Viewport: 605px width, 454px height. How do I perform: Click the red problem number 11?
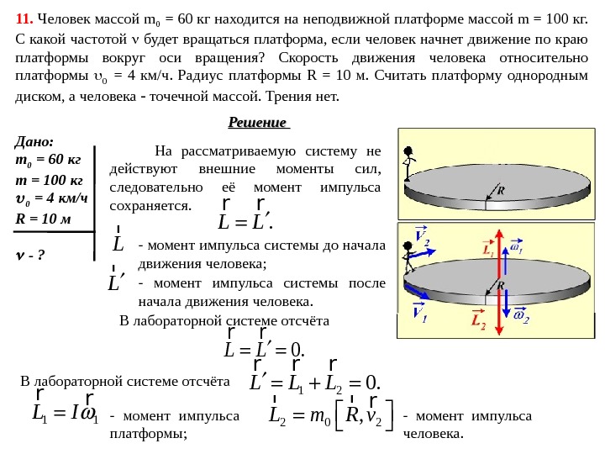point(24,19)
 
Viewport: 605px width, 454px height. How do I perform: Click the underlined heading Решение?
point(258,124)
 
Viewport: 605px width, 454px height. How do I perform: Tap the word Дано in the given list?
point(34,143)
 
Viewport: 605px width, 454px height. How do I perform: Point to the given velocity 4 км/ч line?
point(52,199)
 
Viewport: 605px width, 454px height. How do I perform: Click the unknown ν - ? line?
point(30,253)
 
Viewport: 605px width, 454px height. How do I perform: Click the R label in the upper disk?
point(501,191)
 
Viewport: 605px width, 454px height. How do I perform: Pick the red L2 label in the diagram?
point(478,319)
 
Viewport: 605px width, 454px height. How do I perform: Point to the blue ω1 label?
point(517,250)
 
